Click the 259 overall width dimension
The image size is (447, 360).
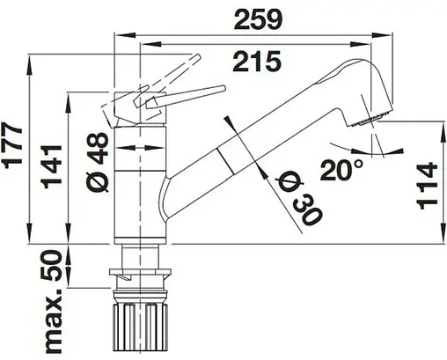coord(259,19)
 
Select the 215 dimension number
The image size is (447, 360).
coord(257,61)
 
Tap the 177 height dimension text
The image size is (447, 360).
coord(13,146)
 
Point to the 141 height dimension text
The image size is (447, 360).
coord(52,166)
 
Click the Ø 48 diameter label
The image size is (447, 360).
coord(98,161)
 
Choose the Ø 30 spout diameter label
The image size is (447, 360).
coord(297,200)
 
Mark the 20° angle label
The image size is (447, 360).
coord(341,170)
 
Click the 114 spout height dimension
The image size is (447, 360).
coord(427,186)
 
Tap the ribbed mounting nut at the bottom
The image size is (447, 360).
coord(141,327)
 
